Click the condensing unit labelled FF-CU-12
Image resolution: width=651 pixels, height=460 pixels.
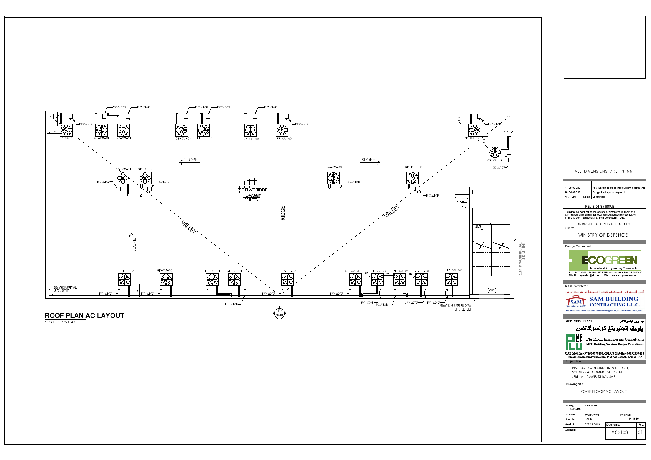point(66,130)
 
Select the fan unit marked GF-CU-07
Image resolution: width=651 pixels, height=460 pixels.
point(182,130)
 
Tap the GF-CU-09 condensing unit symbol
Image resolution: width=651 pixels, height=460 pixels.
point(333,178)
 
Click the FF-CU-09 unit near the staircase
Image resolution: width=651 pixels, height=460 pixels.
point(451,280)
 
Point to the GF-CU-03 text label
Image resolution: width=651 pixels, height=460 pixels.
point(164,270)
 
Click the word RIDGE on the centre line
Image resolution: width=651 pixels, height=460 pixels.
point(283,213)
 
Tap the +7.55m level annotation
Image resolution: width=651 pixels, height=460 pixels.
point(255,195)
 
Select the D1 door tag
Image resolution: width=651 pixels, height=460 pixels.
point(464,200)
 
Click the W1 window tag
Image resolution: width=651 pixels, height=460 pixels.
point(492,290)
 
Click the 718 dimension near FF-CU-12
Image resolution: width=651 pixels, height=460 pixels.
point(54,132)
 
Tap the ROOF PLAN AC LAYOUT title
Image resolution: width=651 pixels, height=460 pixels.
point(84,316)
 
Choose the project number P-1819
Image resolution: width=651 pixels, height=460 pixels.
point(634,418)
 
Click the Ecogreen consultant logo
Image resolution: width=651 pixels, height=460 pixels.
point(605,260)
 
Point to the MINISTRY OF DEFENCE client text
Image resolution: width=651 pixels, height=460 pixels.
point(602,235)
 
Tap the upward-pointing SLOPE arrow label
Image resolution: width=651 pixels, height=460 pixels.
point(134,244)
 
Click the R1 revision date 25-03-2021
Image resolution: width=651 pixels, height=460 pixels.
point(575,188)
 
